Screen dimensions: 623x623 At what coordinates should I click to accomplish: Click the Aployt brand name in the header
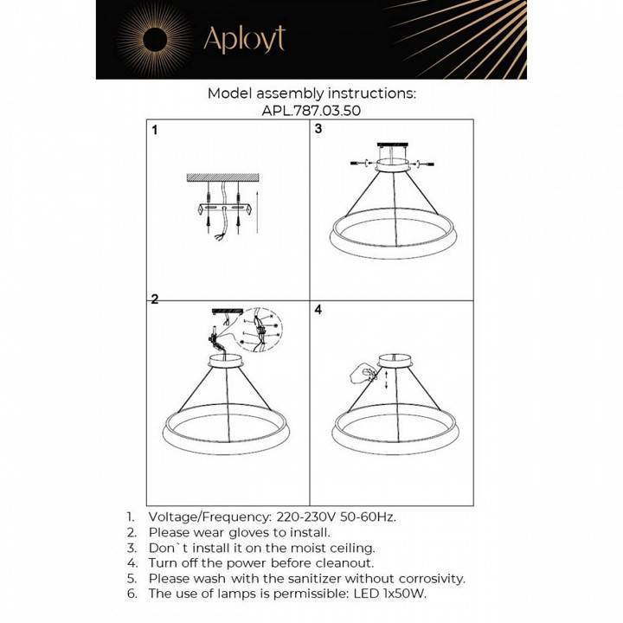pyautogui.click(x=243, y=39)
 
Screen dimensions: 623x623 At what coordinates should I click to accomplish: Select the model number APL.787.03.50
pyautogui.click(x=311, y=110)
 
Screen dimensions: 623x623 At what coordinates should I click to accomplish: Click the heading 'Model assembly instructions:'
pyautogui.click(x=311, y=93)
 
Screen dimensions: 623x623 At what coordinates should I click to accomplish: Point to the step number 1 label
pyautogui.click(x=155, y=132)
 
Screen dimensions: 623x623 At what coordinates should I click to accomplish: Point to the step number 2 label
pyautogui.click(x=155, y=300)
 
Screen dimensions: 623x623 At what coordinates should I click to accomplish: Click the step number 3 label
pyautogui.click(x=318, y=129)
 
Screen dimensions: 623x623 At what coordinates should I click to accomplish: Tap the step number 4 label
pyautogui.click(x=318, y=309)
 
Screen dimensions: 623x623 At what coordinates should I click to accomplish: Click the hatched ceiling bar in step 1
pyautogui.click(x=222, y=178)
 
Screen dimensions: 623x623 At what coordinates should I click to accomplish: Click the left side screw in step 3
pyautogui.click(x=356, y=163)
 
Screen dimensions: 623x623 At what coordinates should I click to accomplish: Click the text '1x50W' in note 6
pyautogui.click(x=402, y=594)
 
